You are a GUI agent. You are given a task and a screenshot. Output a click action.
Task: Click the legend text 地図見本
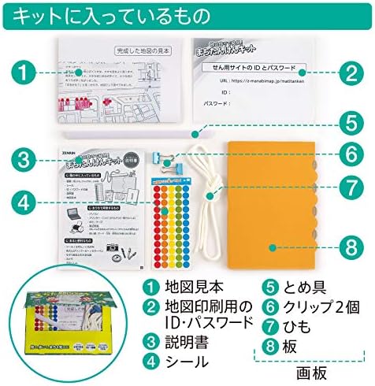click(190, 288)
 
